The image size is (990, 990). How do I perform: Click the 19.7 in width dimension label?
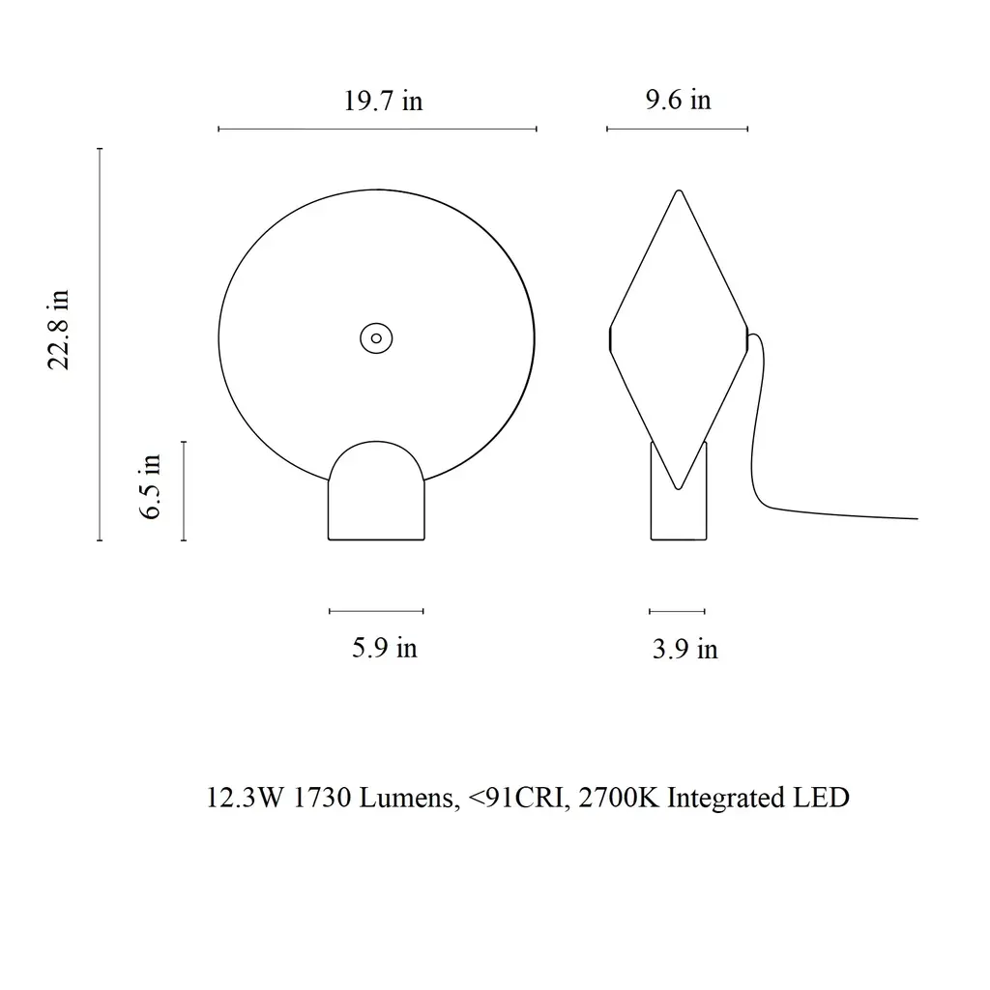pyautogui.click(x=383, y=101)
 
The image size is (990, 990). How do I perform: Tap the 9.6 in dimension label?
pyautogui.click(x=678, y=100)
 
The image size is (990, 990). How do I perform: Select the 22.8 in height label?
pyautogui.click(x=59, y=330)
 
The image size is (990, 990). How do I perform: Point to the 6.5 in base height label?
pyautogui.click(x=151, y=487)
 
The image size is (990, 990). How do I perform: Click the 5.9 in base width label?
pyautogui.click(x=385, y=648)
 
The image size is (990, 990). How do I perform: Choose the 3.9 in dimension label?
pyautogui.click(x=685, y=649)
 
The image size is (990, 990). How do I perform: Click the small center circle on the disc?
pyautogui.click(x=376, y=338)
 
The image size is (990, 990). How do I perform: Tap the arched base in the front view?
pyautogui.click(x=376, y=490)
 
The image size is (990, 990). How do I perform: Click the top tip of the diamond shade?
pyautogui.click(x=679, y=190)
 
